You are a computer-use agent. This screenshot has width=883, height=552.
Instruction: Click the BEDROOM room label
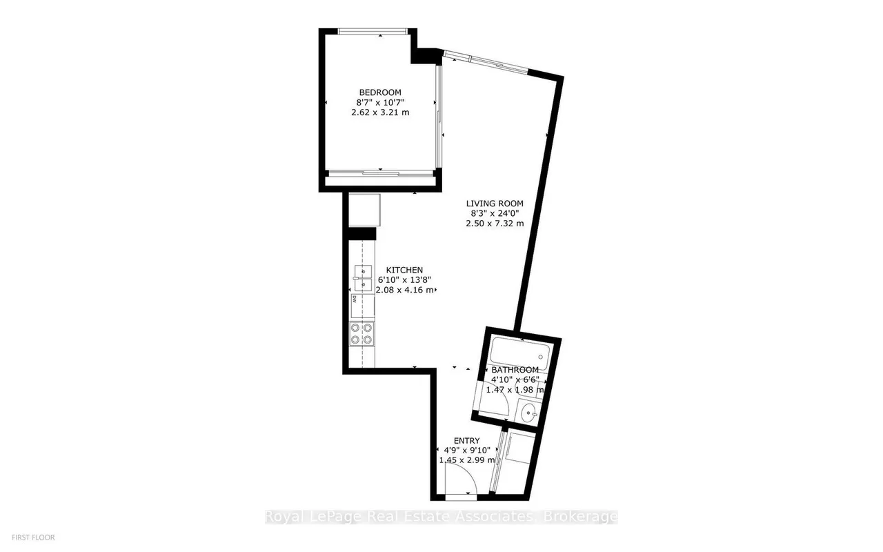pos(380,92)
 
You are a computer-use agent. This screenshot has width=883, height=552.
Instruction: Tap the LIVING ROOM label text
pos(495,204)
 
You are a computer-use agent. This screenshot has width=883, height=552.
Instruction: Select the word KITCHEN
pos(404,270)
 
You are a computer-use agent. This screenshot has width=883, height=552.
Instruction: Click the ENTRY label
pos(467,440)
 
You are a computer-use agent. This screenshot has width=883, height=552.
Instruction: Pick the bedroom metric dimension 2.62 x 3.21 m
pos(380,112)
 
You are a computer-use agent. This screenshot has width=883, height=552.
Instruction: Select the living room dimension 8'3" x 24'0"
pos(495,213)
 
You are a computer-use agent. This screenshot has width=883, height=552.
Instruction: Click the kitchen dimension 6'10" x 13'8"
pos(404,280)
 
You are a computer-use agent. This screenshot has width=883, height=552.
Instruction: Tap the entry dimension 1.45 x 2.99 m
pos(467,460)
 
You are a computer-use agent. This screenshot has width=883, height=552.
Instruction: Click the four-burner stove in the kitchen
pos(86,333)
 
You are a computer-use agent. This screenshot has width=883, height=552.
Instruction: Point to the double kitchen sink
pos(87,278)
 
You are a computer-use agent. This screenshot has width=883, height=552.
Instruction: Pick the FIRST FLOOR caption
pos(33,538)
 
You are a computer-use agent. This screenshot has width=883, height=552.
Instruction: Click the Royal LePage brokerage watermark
pos(441,517)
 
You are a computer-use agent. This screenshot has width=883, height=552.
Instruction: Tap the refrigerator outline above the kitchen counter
pos(364,210)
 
